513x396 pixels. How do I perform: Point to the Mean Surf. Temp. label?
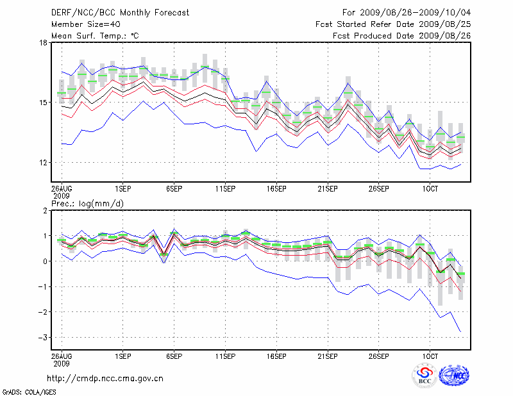click(95, 36)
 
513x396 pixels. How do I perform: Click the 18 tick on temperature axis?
click(44, 43)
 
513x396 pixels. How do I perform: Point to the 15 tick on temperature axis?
click(44, 103)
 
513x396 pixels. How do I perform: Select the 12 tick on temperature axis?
click(44, 163)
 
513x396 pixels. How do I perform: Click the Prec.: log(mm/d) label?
click(87, 203)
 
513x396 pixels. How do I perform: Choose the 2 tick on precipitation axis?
click(45, 211)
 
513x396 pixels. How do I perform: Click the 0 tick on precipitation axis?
click(45, 261)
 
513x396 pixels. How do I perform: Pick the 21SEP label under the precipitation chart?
click(328, 355)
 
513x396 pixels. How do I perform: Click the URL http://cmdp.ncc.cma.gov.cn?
click(105, 378)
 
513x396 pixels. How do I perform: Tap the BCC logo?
click(425, 375)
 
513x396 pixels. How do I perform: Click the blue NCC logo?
click(454, 375)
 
